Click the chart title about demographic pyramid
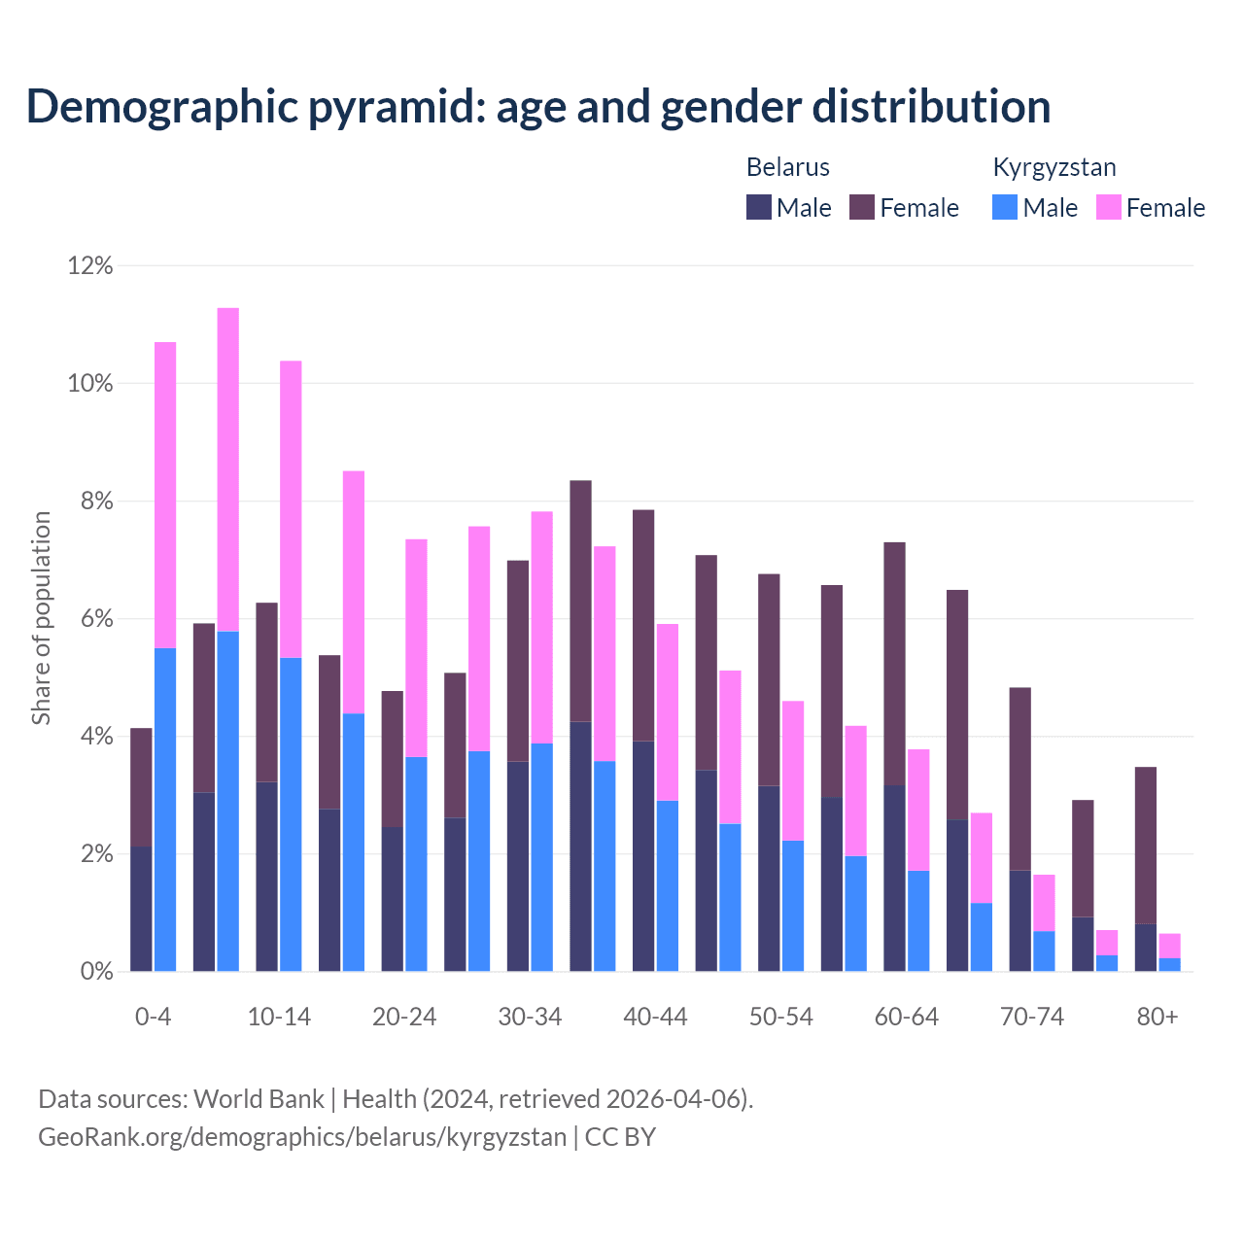point(538,107)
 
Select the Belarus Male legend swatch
point(759,207)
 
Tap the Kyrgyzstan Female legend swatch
point(1109,207)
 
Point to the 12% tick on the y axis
point(90,265)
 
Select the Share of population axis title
point(41,618)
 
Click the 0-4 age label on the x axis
point(153,1017)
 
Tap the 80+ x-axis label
point(1158,1017)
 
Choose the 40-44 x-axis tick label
point(655,1017)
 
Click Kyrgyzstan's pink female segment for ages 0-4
point(165,495)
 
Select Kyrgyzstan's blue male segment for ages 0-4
point(165,810)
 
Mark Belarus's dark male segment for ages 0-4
point(141,909)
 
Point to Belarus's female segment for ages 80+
point(1146,846)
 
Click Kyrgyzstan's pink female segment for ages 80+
point(1170,946)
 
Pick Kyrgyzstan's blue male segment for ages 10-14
point(291,814)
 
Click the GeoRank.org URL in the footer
point(302,1136)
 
